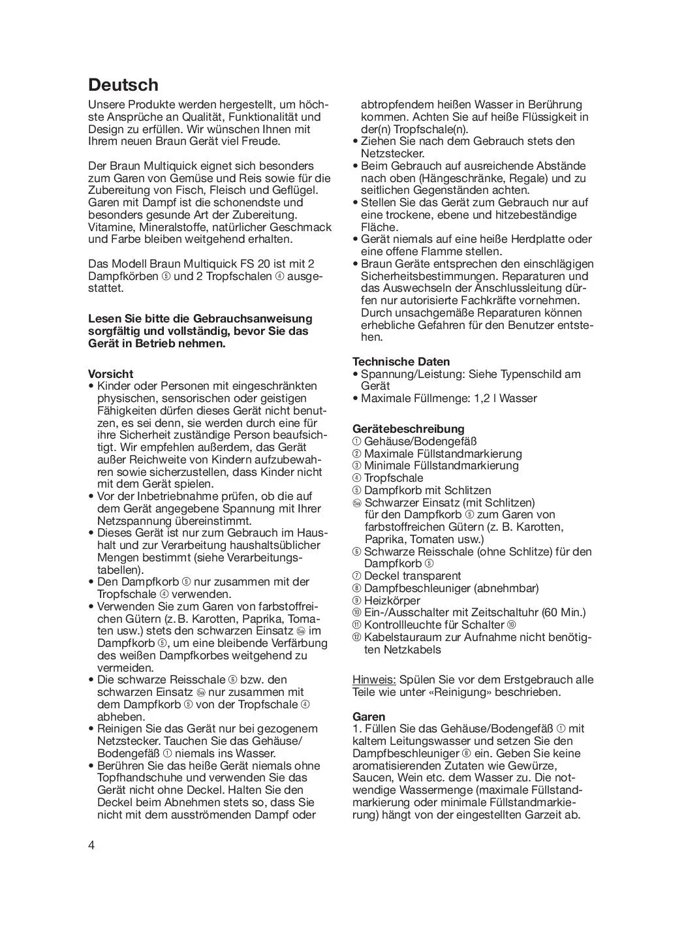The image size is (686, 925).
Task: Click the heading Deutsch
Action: [123, 85]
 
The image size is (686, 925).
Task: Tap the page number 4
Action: [91, 845]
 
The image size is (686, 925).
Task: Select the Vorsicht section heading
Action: [110, 374]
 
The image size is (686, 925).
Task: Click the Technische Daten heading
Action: [401, 362]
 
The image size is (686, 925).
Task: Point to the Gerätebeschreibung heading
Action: [408, 429]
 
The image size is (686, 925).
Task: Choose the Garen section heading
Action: [369, 717]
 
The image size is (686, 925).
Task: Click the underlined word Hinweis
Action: [374, 680]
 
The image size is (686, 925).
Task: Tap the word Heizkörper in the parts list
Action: [392, 601]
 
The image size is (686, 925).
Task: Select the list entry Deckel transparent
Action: [413, 576]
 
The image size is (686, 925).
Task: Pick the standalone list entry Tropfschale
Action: [394, 478]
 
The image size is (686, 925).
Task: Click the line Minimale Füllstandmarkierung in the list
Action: [441, 465]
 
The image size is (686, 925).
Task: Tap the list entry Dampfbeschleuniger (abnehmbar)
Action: [451, 588]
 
